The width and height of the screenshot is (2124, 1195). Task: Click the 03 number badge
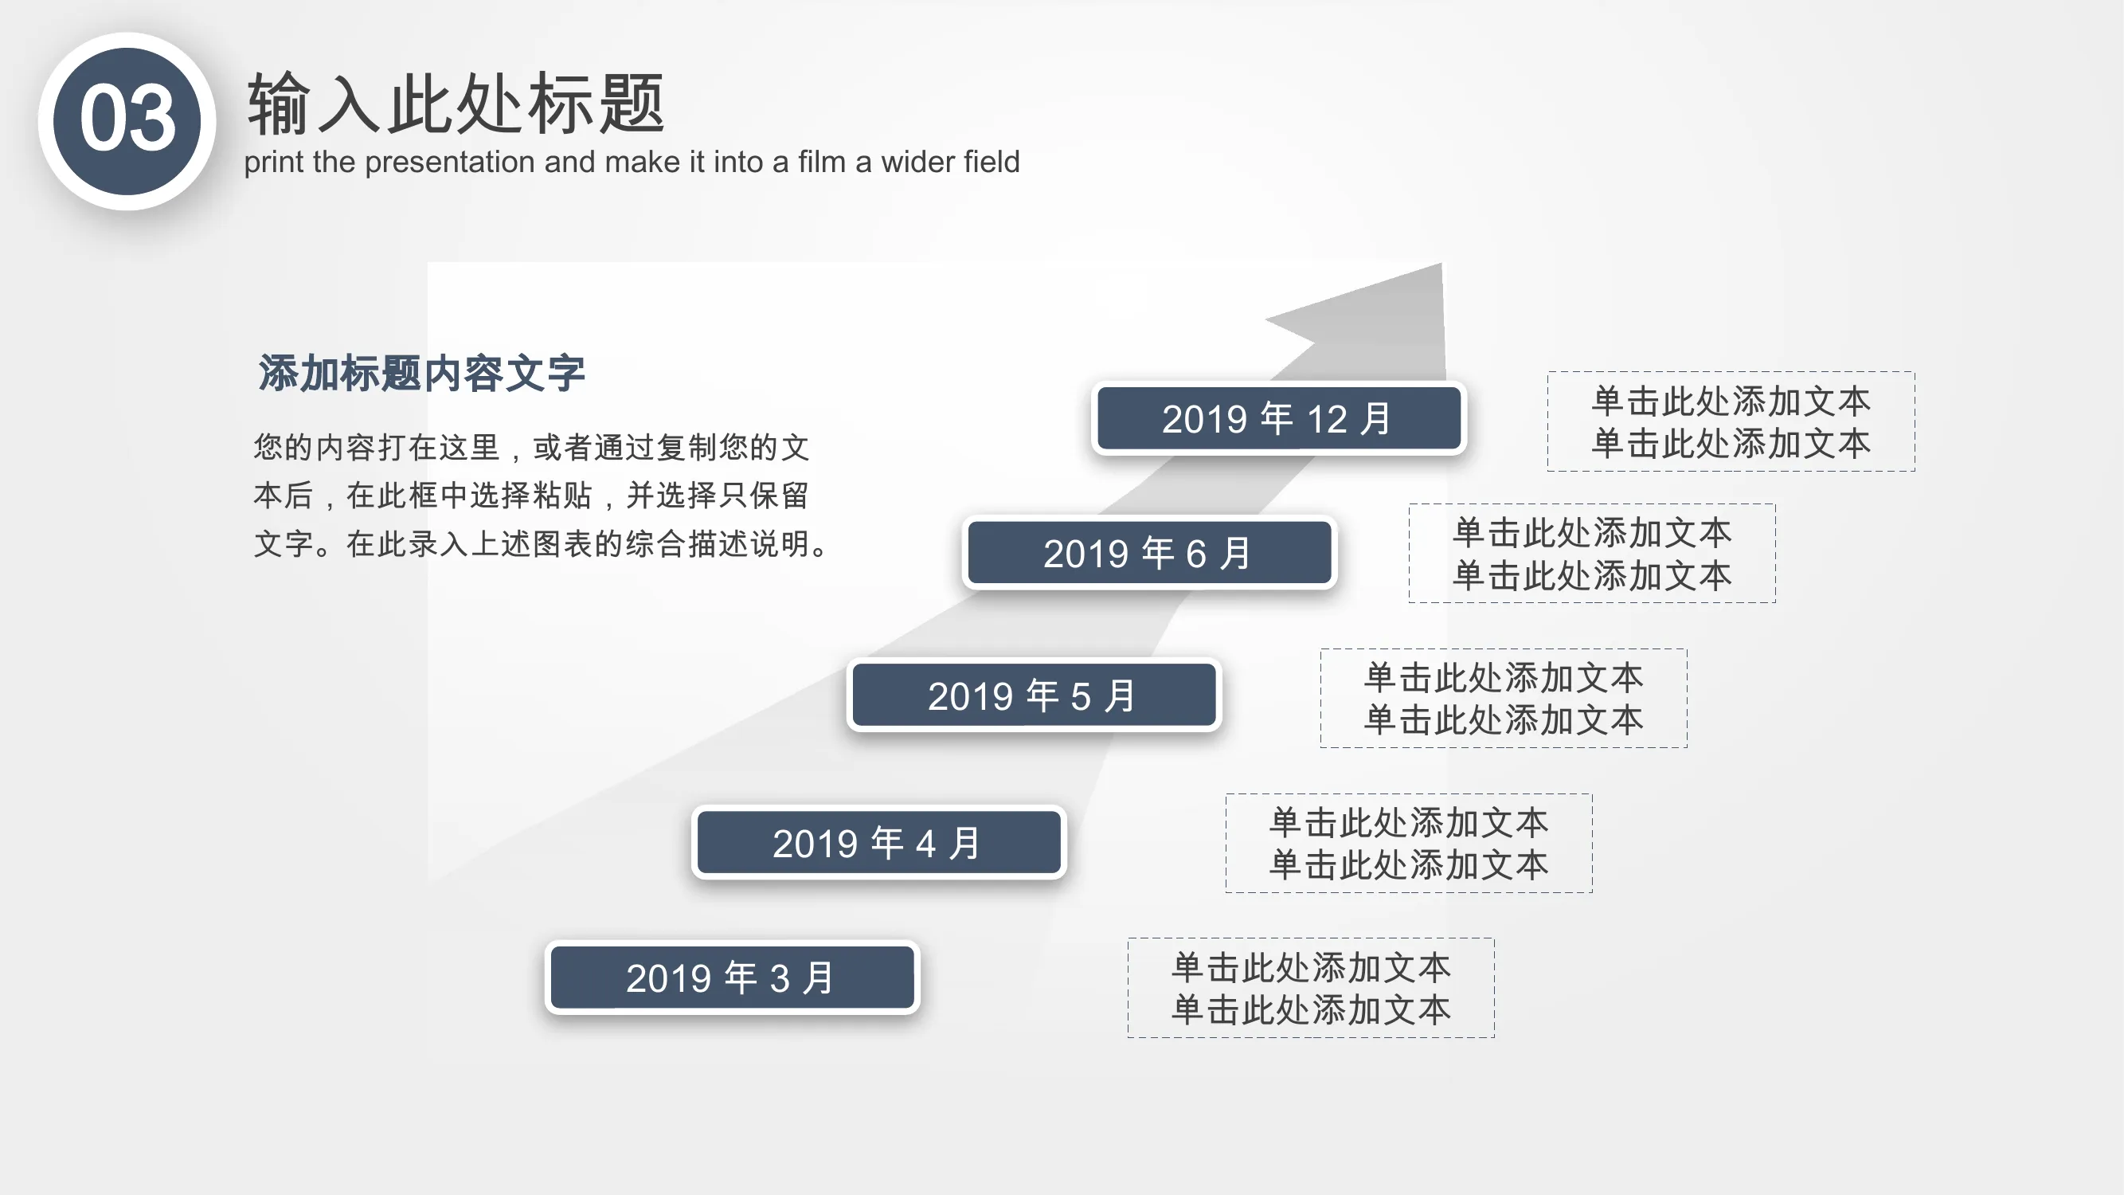[x=127, y=121]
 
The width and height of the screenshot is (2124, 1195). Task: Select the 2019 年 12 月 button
[x=1278, y=418]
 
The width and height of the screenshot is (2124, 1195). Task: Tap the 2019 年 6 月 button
[x=1149, y=553]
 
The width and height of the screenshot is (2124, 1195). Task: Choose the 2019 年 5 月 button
[x=1034, y=695]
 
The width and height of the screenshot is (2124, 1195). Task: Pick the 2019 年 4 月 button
[x=879, y=842]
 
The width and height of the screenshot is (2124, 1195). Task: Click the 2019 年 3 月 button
[x=732, y=978]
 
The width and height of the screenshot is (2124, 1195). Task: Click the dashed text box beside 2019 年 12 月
[x=1731, y=421]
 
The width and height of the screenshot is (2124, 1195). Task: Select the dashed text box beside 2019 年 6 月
[x=1592, y=554]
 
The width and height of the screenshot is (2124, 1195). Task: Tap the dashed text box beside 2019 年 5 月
[x=1504, y=699]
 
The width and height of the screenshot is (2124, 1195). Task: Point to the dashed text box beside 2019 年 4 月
[x=1409, y=843]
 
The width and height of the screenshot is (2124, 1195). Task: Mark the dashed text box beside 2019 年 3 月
[x=1311, y=988]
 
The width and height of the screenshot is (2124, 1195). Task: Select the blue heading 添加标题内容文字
[x=421, y=373]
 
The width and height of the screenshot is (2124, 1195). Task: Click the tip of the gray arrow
[x=1441, y=264]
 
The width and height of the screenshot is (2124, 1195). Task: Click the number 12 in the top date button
[x=1327, y=419]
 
